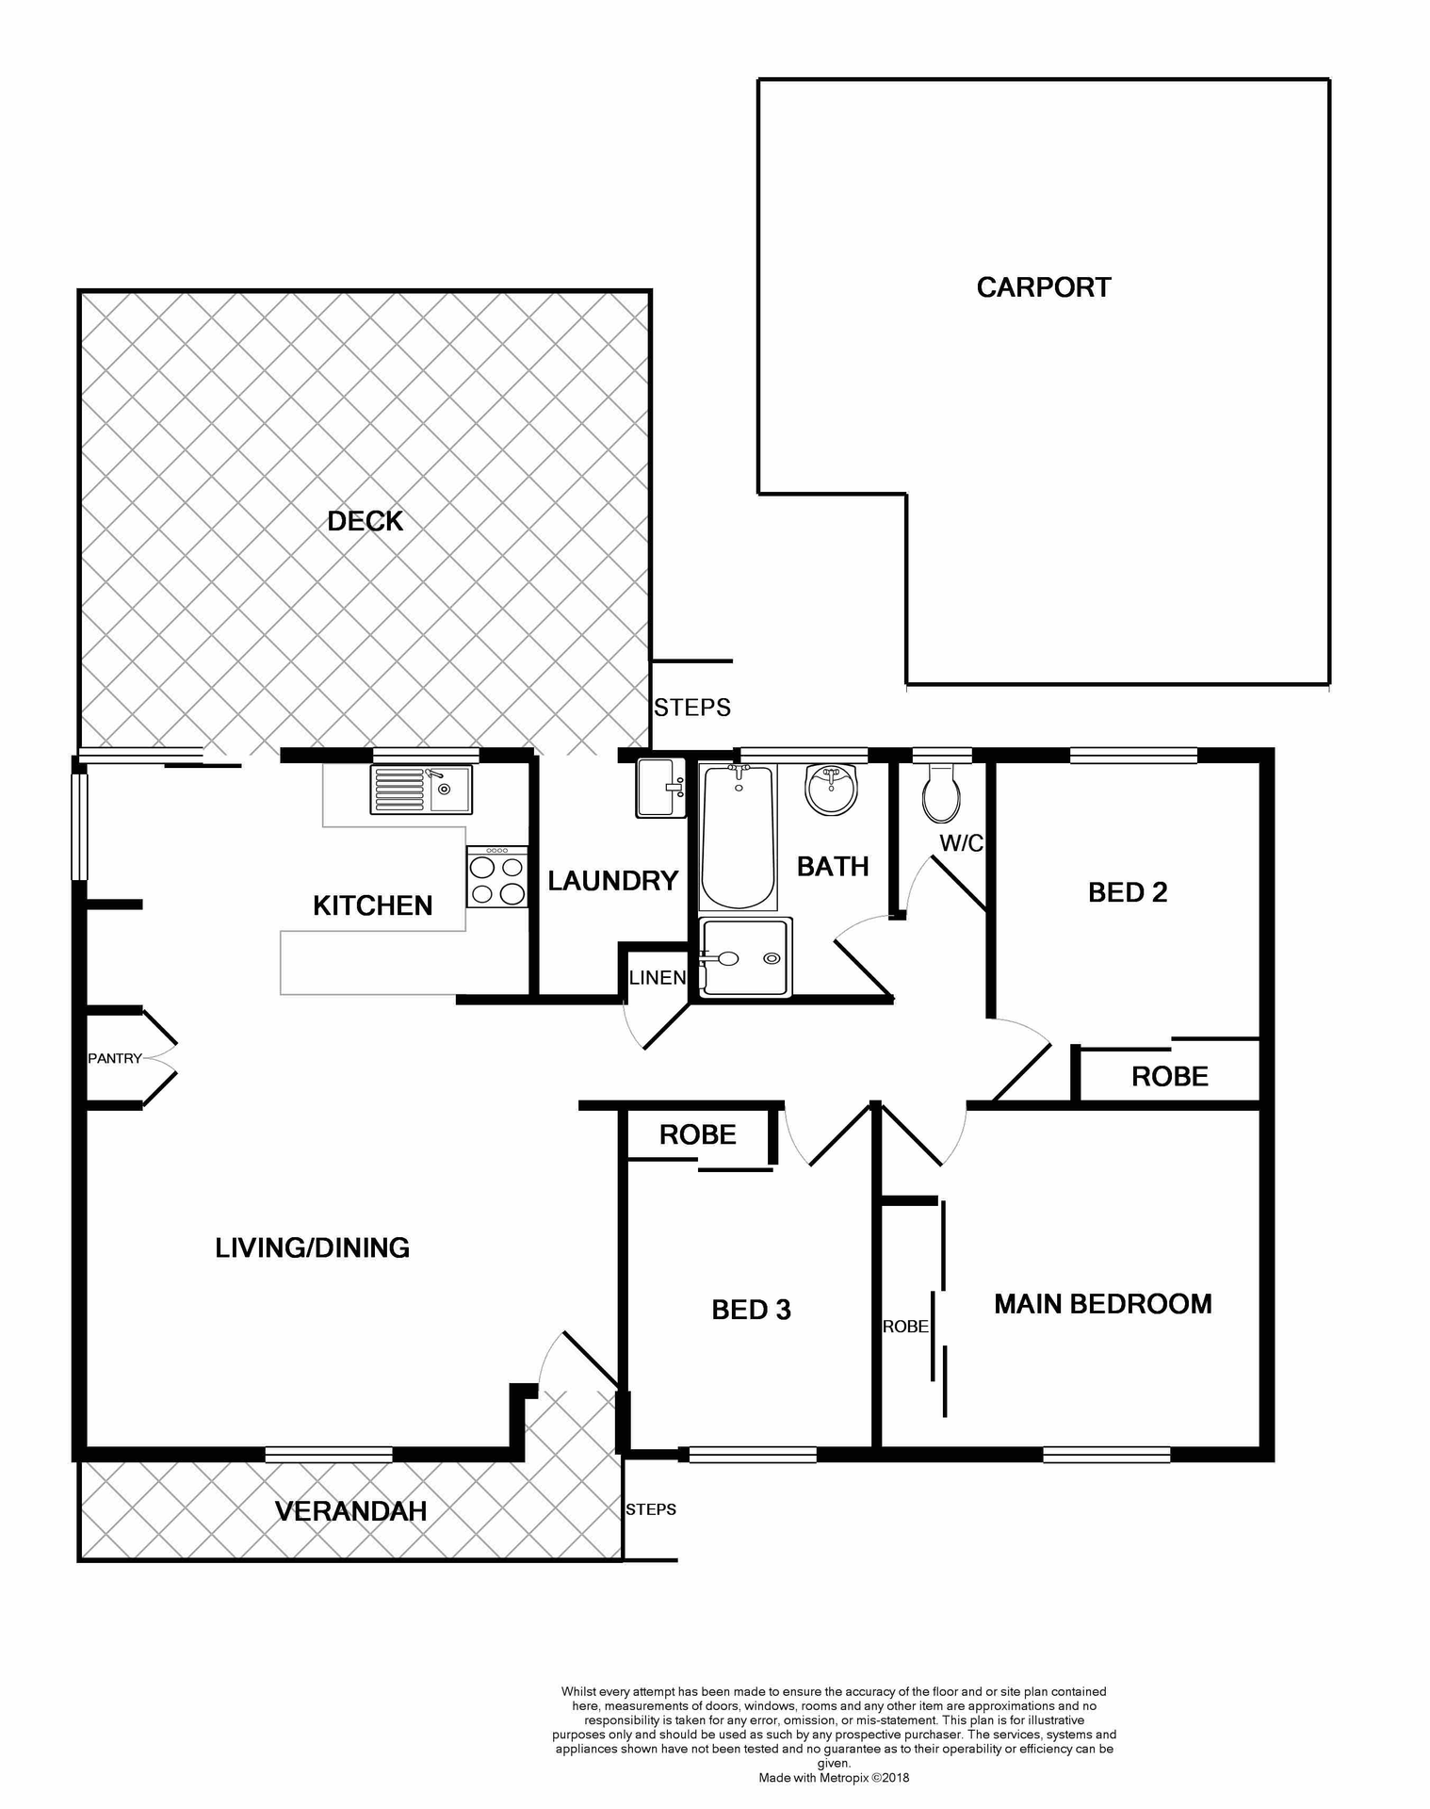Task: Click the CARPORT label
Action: pos(1043,287)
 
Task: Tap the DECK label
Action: pos(365,521)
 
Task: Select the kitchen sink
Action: pos(421,790)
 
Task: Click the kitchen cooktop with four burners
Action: pos(496,877)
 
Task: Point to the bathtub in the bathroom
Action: pos(738,837)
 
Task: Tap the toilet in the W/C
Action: pos(941,793)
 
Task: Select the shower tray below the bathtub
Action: pos(745,958)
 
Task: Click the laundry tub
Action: pos(660,787)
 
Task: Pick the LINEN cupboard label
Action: pos(658,977)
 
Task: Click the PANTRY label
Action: pos(115,1058)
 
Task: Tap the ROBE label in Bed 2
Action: pos(1169,1076)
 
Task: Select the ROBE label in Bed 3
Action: pos(697,1134)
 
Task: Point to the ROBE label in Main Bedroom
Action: pos(905,1327)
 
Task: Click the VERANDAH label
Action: pos(350,1511)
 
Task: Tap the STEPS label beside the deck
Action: pos(692,708)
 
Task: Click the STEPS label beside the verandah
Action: pos(651,1509)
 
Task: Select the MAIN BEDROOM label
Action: pos(1102,1304)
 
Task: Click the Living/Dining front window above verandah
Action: pos(328,1455)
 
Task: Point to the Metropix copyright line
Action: pos(834,1778)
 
